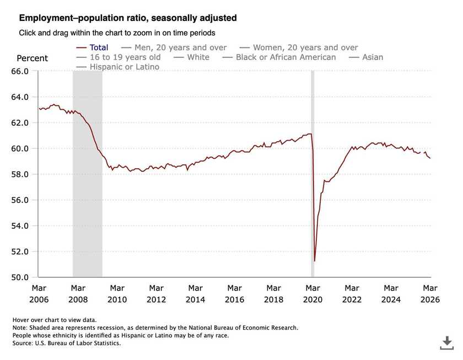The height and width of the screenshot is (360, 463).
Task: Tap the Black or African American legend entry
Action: click(x=286, y=57)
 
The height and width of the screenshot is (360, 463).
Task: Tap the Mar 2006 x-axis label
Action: click(x=39, y=293)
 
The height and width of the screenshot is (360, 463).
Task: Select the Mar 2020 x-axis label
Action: click(x=313, y=293)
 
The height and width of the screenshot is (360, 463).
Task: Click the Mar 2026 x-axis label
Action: click(x=430, y=293)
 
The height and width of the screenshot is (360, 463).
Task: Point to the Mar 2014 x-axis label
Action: click(x=195, y=293)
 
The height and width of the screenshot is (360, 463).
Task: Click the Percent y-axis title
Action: click(x=32, y=58)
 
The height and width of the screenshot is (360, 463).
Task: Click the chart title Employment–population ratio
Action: click(x=128, y=18)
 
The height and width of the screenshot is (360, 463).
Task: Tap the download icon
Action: click(x=447, y=342)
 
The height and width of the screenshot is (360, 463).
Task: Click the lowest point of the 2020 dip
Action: click(x=314, y=261)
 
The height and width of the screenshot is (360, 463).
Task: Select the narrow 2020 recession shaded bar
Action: click(x=312, y=165)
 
